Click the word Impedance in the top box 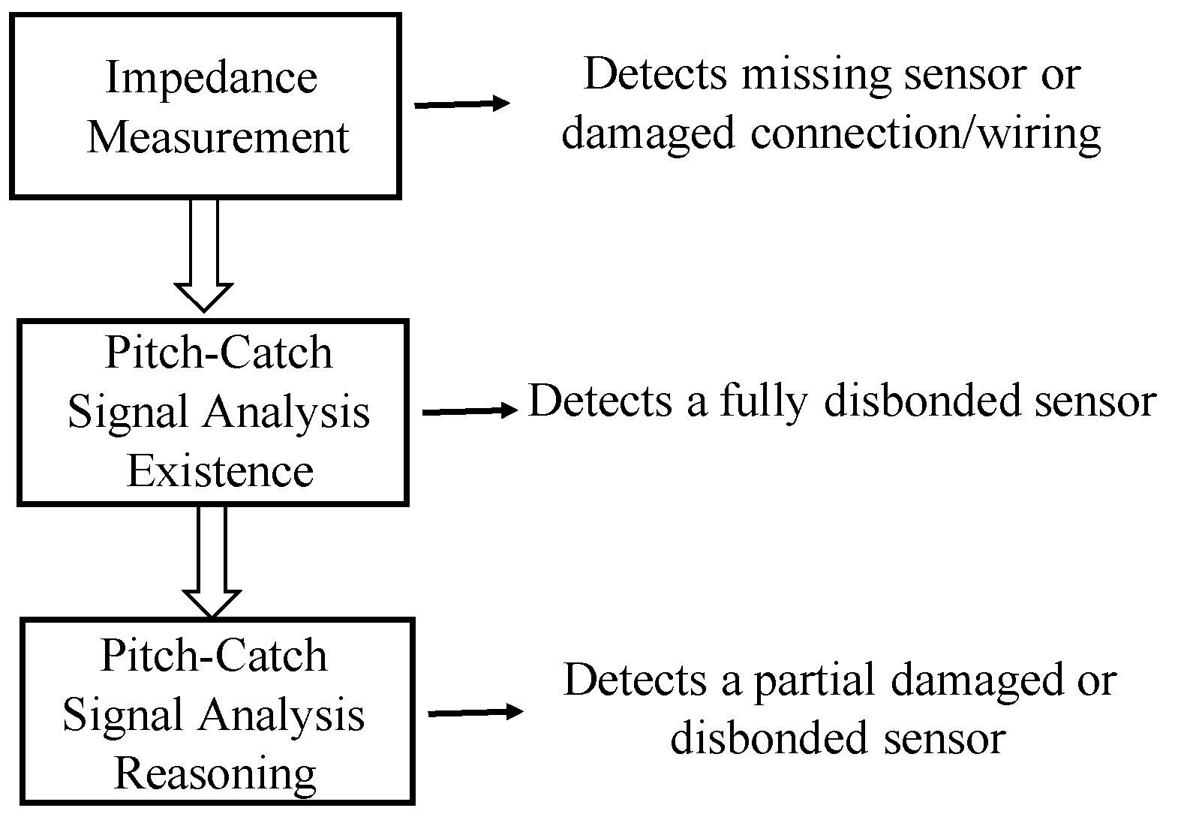[211, 78]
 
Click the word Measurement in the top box [218, 137]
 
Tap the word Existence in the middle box [220, 471]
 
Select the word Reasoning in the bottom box [215, 773]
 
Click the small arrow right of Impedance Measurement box [462, 104]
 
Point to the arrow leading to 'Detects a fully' [470, 410]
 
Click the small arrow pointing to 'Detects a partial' [475, 712]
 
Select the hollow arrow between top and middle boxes [204, 255]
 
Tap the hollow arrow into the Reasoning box [212, 563]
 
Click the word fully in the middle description [764, 401]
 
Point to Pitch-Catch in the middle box [218, 353]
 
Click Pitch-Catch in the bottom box [214, 656]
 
